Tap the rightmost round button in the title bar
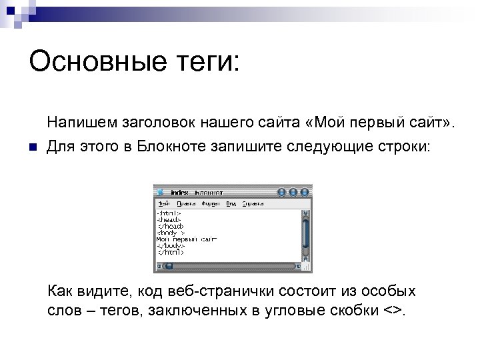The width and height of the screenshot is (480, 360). pos(303,192)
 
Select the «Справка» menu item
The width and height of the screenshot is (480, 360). pos(252,203)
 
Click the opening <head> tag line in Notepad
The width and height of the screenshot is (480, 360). pos(169,219)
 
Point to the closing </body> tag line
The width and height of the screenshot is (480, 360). pos(171,245)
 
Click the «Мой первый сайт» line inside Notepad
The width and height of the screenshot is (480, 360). pos(187,239)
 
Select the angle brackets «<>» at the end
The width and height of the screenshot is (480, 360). pos(393,311)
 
